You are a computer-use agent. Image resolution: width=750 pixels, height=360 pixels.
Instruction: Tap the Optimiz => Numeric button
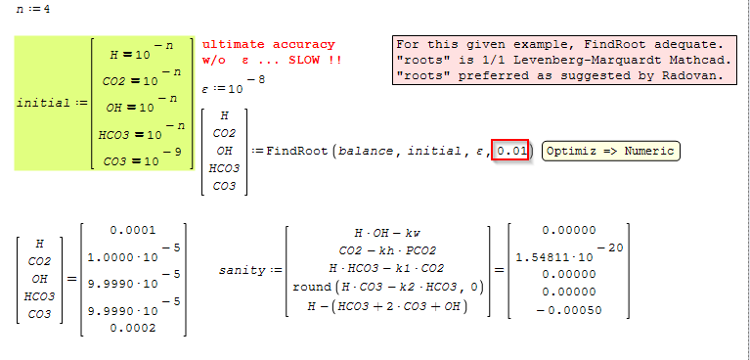(x=610, y=152)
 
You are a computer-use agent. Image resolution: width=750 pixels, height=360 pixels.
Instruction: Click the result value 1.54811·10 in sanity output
(x=554, y=257)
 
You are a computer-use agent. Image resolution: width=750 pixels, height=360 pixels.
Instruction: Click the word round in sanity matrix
(x=312, y=288)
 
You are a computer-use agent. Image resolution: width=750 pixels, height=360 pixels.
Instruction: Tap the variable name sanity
(x=243, y=270)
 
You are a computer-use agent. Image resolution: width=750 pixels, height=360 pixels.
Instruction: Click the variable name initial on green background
(x=44, y=103)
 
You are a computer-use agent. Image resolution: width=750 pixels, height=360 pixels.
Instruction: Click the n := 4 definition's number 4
(x=46, y=9)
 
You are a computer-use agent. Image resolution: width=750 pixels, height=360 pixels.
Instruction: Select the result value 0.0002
(x=132, y=328)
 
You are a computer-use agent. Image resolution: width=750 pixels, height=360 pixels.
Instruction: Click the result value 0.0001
(x=132, y=230)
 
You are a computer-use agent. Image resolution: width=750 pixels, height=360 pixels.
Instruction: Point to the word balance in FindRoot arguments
(x=368, y=152)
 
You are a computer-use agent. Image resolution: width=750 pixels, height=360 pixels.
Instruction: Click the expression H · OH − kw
(x=387, y=233)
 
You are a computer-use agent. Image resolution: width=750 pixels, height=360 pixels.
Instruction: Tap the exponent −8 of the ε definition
(x=259, y=79)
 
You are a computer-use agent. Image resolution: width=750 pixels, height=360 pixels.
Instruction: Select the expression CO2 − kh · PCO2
(x=387, y=250)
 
